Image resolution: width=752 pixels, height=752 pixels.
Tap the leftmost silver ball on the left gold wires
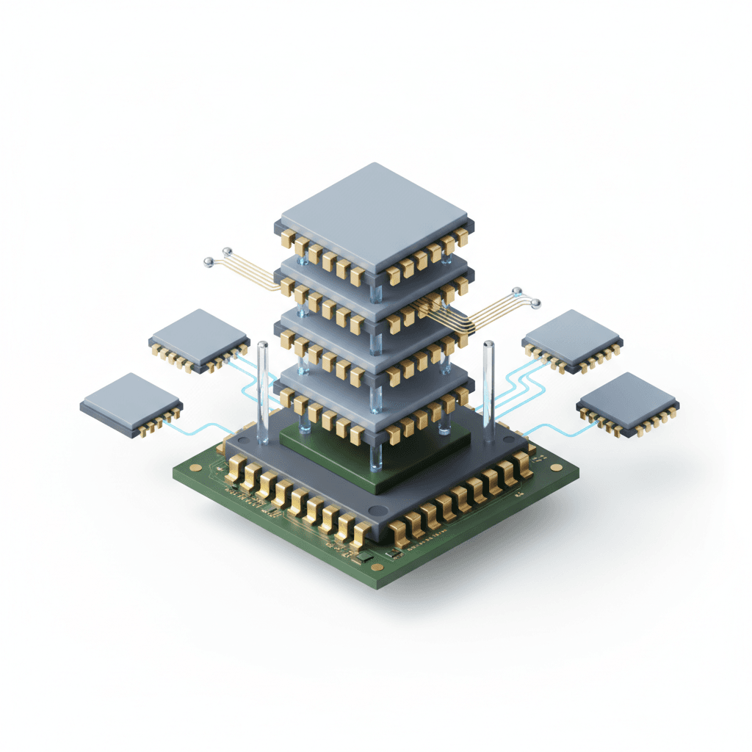coord(209,261)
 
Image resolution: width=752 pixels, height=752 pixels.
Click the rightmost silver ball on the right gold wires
coord(535,303)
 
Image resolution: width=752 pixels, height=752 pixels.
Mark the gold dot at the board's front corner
coord(377,567)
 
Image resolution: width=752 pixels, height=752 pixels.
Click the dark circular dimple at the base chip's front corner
coord(376,510)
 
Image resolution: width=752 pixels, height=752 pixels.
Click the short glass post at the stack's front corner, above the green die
coord(376,459)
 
